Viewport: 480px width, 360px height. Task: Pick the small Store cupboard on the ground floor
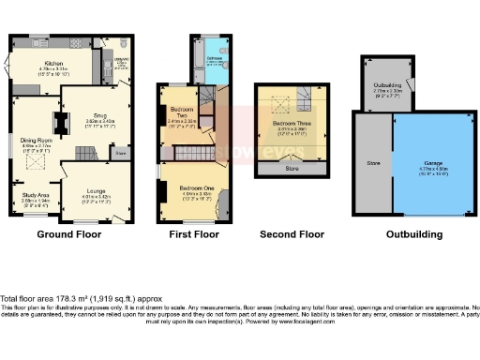(x=120, y=151)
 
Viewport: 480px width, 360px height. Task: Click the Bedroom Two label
(x=182, y=116)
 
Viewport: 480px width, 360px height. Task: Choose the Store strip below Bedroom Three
(x=292, y=170)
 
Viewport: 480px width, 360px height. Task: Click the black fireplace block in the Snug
(x=63, y=123)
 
